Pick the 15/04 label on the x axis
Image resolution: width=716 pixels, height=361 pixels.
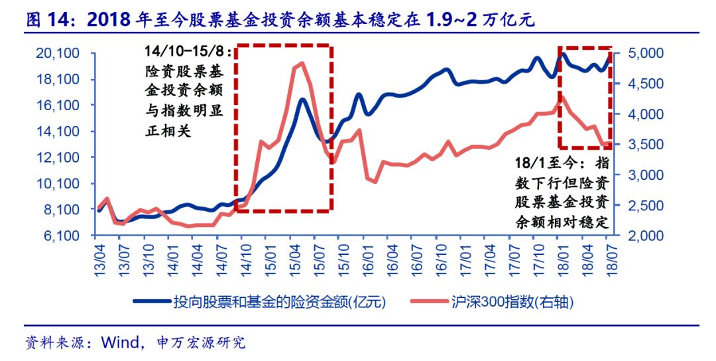[297, 253]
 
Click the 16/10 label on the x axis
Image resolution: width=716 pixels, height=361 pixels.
[441, 253]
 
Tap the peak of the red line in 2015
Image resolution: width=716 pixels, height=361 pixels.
[302, 64]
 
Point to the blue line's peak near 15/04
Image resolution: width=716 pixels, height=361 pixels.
[302, 100]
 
